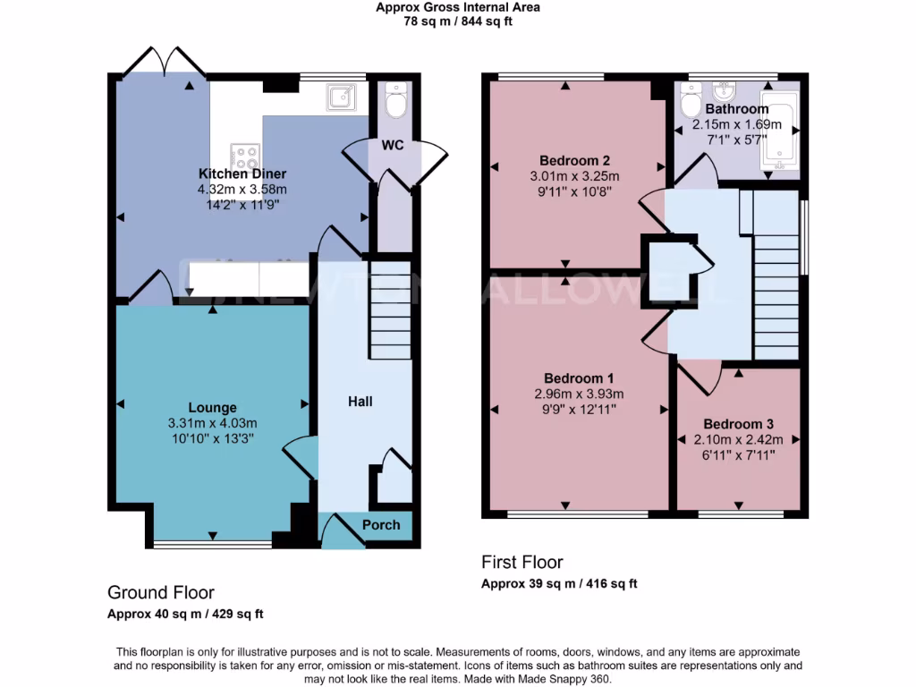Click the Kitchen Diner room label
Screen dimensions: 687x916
click(242, 174)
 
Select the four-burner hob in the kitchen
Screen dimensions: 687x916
click(242, 157)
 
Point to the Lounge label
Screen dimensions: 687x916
click(212, 407)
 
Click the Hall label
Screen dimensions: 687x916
click(360, 402)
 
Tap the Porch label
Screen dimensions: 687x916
click(381, 524)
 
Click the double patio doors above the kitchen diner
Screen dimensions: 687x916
click(162, 61)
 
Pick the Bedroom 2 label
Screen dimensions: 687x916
click(568, 160)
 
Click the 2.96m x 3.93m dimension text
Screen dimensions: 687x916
click(578, 394)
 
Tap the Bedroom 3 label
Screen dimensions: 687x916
click(738, 424)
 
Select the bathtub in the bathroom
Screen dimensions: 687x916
click(778, 135)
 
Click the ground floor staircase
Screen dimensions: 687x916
click(390, 309)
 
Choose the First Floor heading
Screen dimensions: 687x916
click(522, 563)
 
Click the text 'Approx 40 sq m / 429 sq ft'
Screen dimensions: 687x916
click(185, 614)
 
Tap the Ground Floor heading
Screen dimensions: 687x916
click(161, 592)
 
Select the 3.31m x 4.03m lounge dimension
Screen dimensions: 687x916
click(212, 423)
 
